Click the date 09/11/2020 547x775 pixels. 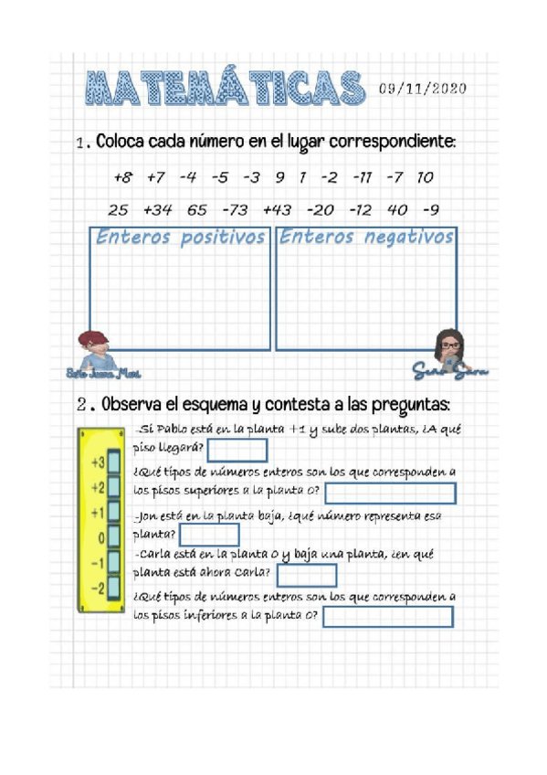[422, 89]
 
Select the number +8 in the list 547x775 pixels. [123, 176]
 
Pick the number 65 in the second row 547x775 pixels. [197, 209]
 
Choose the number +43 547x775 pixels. [277, 209]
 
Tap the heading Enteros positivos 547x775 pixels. [180, 238]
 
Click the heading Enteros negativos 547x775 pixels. [366, 238]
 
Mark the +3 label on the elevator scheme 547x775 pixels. [97, 462]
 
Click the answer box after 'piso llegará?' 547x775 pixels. [237, 451]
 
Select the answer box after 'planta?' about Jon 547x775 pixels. [209, 535]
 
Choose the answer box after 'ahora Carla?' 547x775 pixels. [306, 576]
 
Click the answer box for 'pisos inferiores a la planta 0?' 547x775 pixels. [388, 617]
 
